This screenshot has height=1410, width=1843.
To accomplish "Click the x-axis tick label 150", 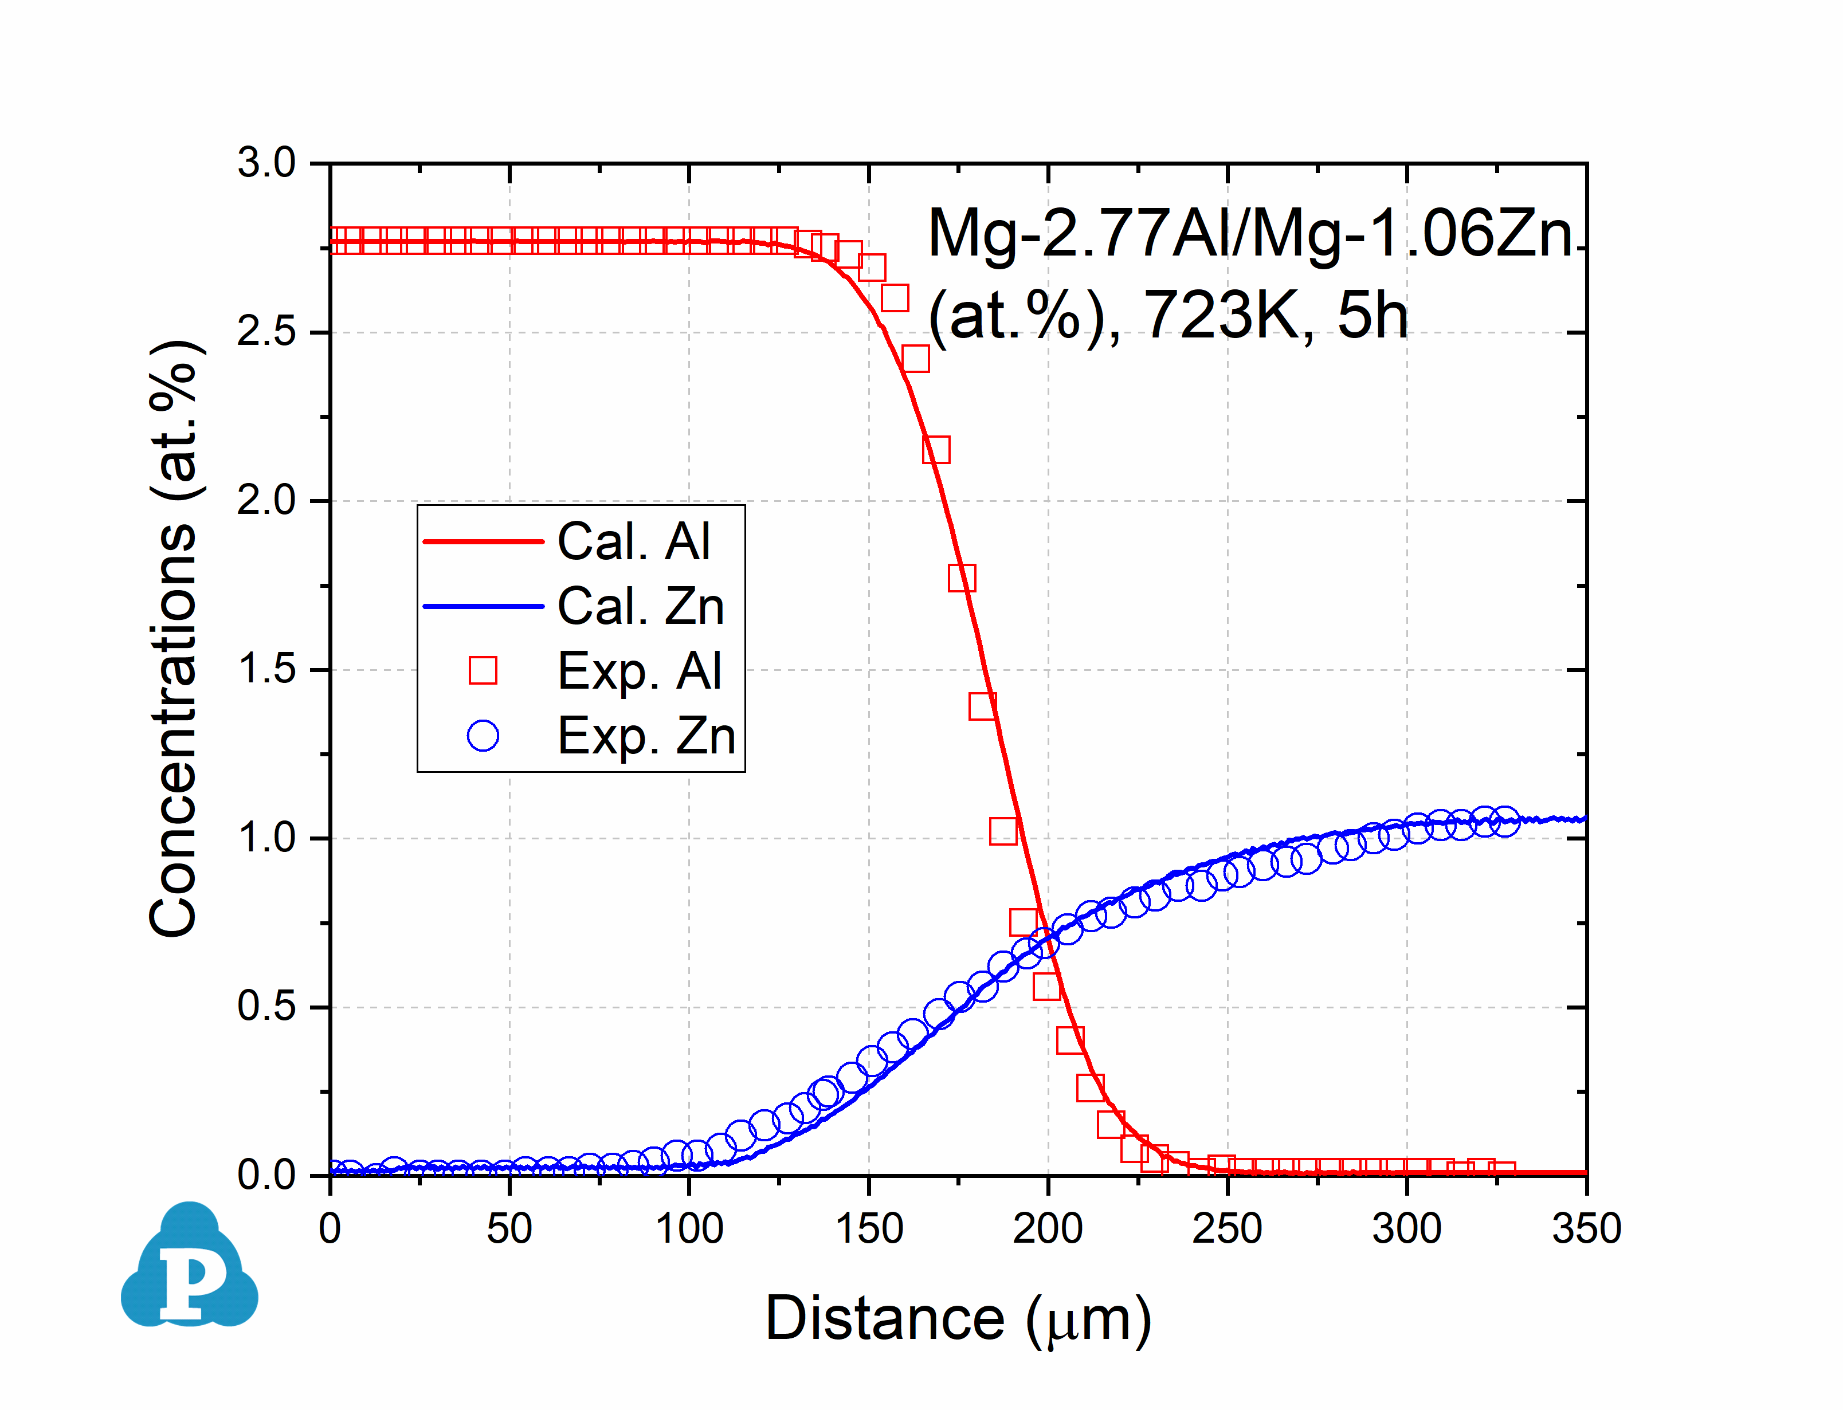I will click(869, 1230).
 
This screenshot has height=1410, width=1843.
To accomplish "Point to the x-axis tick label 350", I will click(1586, 1230).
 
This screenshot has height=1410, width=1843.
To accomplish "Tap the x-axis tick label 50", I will click(509, 1230).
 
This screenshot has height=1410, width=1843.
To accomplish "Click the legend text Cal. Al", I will click(634, 541).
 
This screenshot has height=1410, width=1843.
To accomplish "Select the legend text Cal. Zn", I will click(640, 606).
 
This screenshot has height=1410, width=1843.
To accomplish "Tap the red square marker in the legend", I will click(483, 670).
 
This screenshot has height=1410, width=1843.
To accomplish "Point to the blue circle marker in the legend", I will click(483, 736).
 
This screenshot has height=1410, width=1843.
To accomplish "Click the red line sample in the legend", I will click(484, 541).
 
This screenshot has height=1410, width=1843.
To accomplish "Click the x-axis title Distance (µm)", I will click(958, 1319).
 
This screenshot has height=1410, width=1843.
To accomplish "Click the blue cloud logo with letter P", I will click(190, 1267).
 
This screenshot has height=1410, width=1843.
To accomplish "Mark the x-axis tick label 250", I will click(1227, 1230).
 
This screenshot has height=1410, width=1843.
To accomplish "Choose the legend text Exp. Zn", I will click(646, 736).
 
